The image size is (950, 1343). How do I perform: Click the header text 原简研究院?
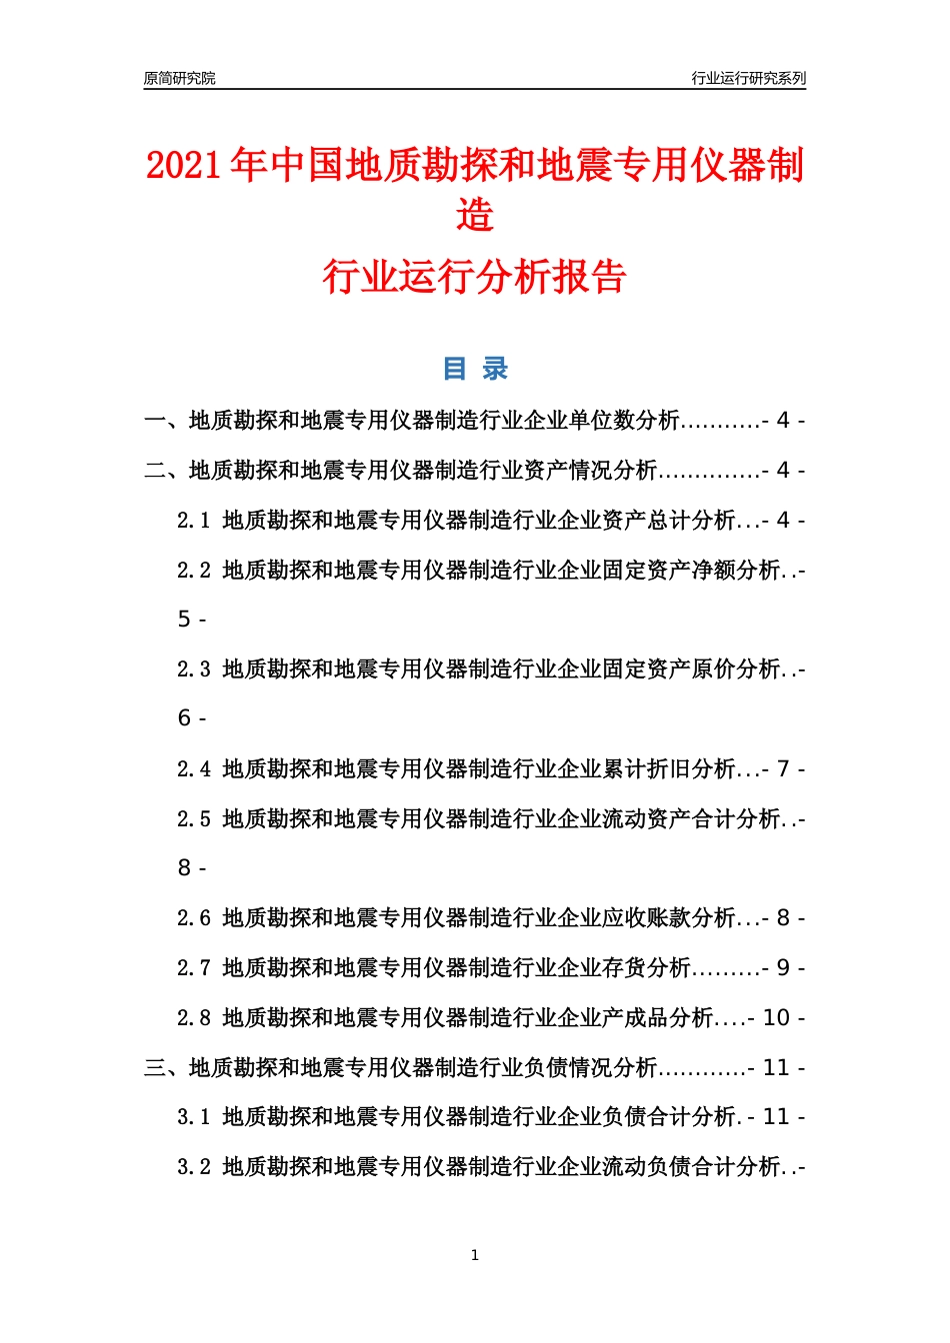pyautogui.click(x=179, y=78)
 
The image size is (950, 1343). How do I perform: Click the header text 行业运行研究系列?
pyautogui.click(x=748, y=78)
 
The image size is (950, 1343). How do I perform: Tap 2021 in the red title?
pyautogui.click(x=183, y=165)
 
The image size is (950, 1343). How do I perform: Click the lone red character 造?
pyautogui.click(x=475, y=215)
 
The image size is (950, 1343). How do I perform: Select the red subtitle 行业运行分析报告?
pyautogui.click(x=474, y=277)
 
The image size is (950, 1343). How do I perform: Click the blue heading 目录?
pyautogui.click(x=475, y=369)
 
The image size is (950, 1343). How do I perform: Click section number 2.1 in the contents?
pyautogui.click(x=193, y=521)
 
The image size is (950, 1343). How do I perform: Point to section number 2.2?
pyautogui.click(x=193, y=571)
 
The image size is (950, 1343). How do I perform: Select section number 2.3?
pyautogui.click(x=193, y=670)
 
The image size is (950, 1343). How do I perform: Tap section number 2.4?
pyautogui.click(x=193, y=769)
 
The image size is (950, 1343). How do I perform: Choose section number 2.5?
pyautogui.click(x=193, y=819)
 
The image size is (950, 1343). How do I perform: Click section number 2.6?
pyautogui.click(x=193, y=918)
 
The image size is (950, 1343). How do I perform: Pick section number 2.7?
pyautogui.click(x=193, y=968)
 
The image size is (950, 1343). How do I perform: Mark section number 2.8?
pyautogui.click(x=193, y=1018)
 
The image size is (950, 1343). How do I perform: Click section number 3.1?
pyautogui.click(x=193, y=1117)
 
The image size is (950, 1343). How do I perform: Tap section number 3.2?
pyautogui.click(x=193, y=1167)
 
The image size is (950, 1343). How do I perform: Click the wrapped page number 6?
pyautogui.click(x=184, y=718)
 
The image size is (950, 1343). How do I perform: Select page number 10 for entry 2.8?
pyautogui.click(x=776, y=1018)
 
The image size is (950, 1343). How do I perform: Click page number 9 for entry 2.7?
pyautogui.click(x=783, y=968)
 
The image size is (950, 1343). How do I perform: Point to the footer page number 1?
pyautogui.click(x=475, y=1255)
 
